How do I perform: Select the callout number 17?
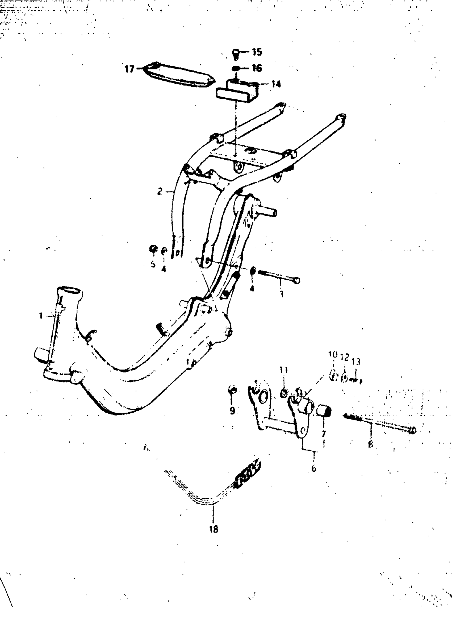pyautogui.click(x=129, y=69)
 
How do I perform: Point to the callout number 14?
pyautogui.click(x=276, y=84)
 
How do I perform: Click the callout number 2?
pyautogui.click(x=160, y=191)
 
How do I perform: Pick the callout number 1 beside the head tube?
pyautogui.click(x=41, y=316)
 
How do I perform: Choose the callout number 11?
pyautogui.click(x=283, y=370)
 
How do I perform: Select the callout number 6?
pyautogui.click(x=314, y=468)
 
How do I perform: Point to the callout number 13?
pyautogui.click(x=356, y=362)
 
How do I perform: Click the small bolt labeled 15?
pyautogui.click(x=236, y=54)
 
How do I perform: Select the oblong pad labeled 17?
pyautogui.click(x=179, y=75)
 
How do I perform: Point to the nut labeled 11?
pyautogui.click(x=283, y=393)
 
